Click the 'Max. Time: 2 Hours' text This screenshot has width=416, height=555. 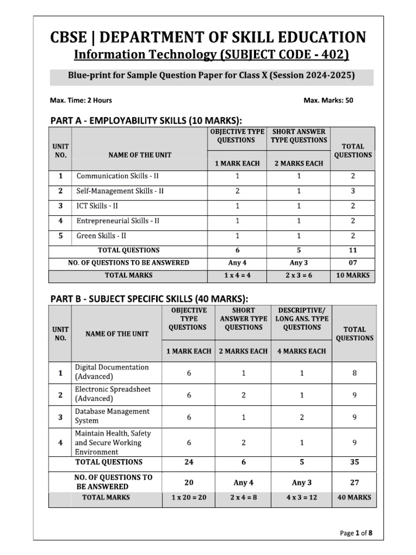(81, 100)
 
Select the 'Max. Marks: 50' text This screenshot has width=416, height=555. (328, 100)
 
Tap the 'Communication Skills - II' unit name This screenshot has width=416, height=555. (118, 176)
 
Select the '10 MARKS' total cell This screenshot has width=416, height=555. (353, 275)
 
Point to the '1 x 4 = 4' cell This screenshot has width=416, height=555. (237, 275)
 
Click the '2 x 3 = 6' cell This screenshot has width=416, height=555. (299, 275)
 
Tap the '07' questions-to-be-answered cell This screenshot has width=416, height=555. (353, 263)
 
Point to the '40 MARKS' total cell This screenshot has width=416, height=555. (355, 497)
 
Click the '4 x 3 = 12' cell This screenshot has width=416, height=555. (302, 497)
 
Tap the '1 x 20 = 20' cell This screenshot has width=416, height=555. (189, 497)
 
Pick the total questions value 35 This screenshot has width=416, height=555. (355, 462)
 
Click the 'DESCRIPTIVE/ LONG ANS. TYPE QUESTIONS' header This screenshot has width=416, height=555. (302, 319)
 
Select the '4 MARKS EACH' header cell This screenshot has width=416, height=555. (302, 351)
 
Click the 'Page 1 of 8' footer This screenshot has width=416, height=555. (356, 533)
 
